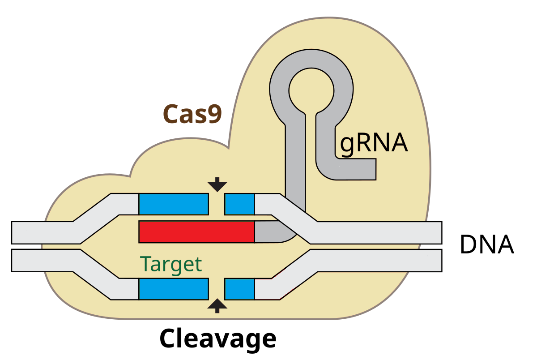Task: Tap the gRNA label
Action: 374,143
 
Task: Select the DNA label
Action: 486,245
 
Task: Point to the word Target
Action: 170,264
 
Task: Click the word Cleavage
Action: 217,339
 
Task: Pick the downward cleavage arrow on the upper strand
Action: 217,184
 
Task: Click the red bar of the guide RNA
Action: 196,232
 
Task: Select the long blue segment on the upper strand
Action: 174,204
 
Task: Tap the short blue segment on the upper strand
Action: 239,204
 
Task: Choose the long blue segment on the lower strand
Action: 174,289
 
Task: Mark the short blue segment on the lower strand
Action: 239,289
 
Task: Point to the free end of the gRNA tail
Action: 370,170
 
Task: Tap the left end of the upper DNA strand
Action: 18,232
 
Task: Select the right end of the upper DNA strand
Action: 436,232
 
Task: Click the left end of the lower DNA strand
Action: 18,260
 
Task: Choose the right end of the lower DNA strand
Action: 436,260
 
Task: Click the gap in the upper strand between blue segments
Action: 217,204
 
